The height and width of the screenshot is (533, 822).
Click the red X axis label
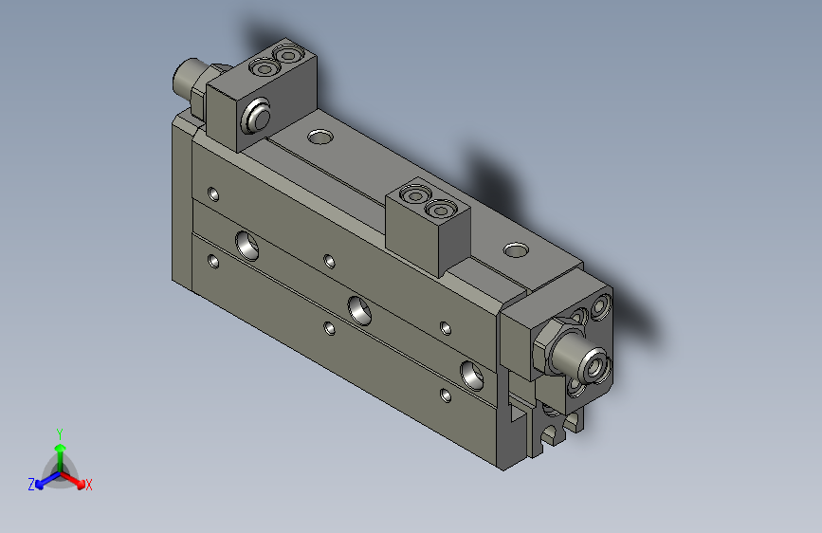(x=88, y=485)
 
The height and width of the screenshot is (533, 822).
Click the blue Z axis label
(x=31, y=484)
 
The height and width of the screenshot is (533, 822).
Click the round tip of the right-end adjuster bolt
(x=595, y=364)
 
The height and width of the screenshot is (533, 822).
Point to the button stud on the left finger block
(x=256, y=119)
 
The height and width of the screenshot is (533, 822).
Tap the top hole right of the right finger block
(x=516, y=250)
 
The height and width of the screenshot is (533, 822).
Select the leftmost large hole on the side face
(x=250, y=245)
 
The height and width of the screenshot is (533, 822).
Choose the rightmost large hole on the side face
(x=473, y=374)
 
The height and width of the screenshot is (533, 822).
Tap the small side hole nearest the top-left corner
(x=214, y=194)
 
